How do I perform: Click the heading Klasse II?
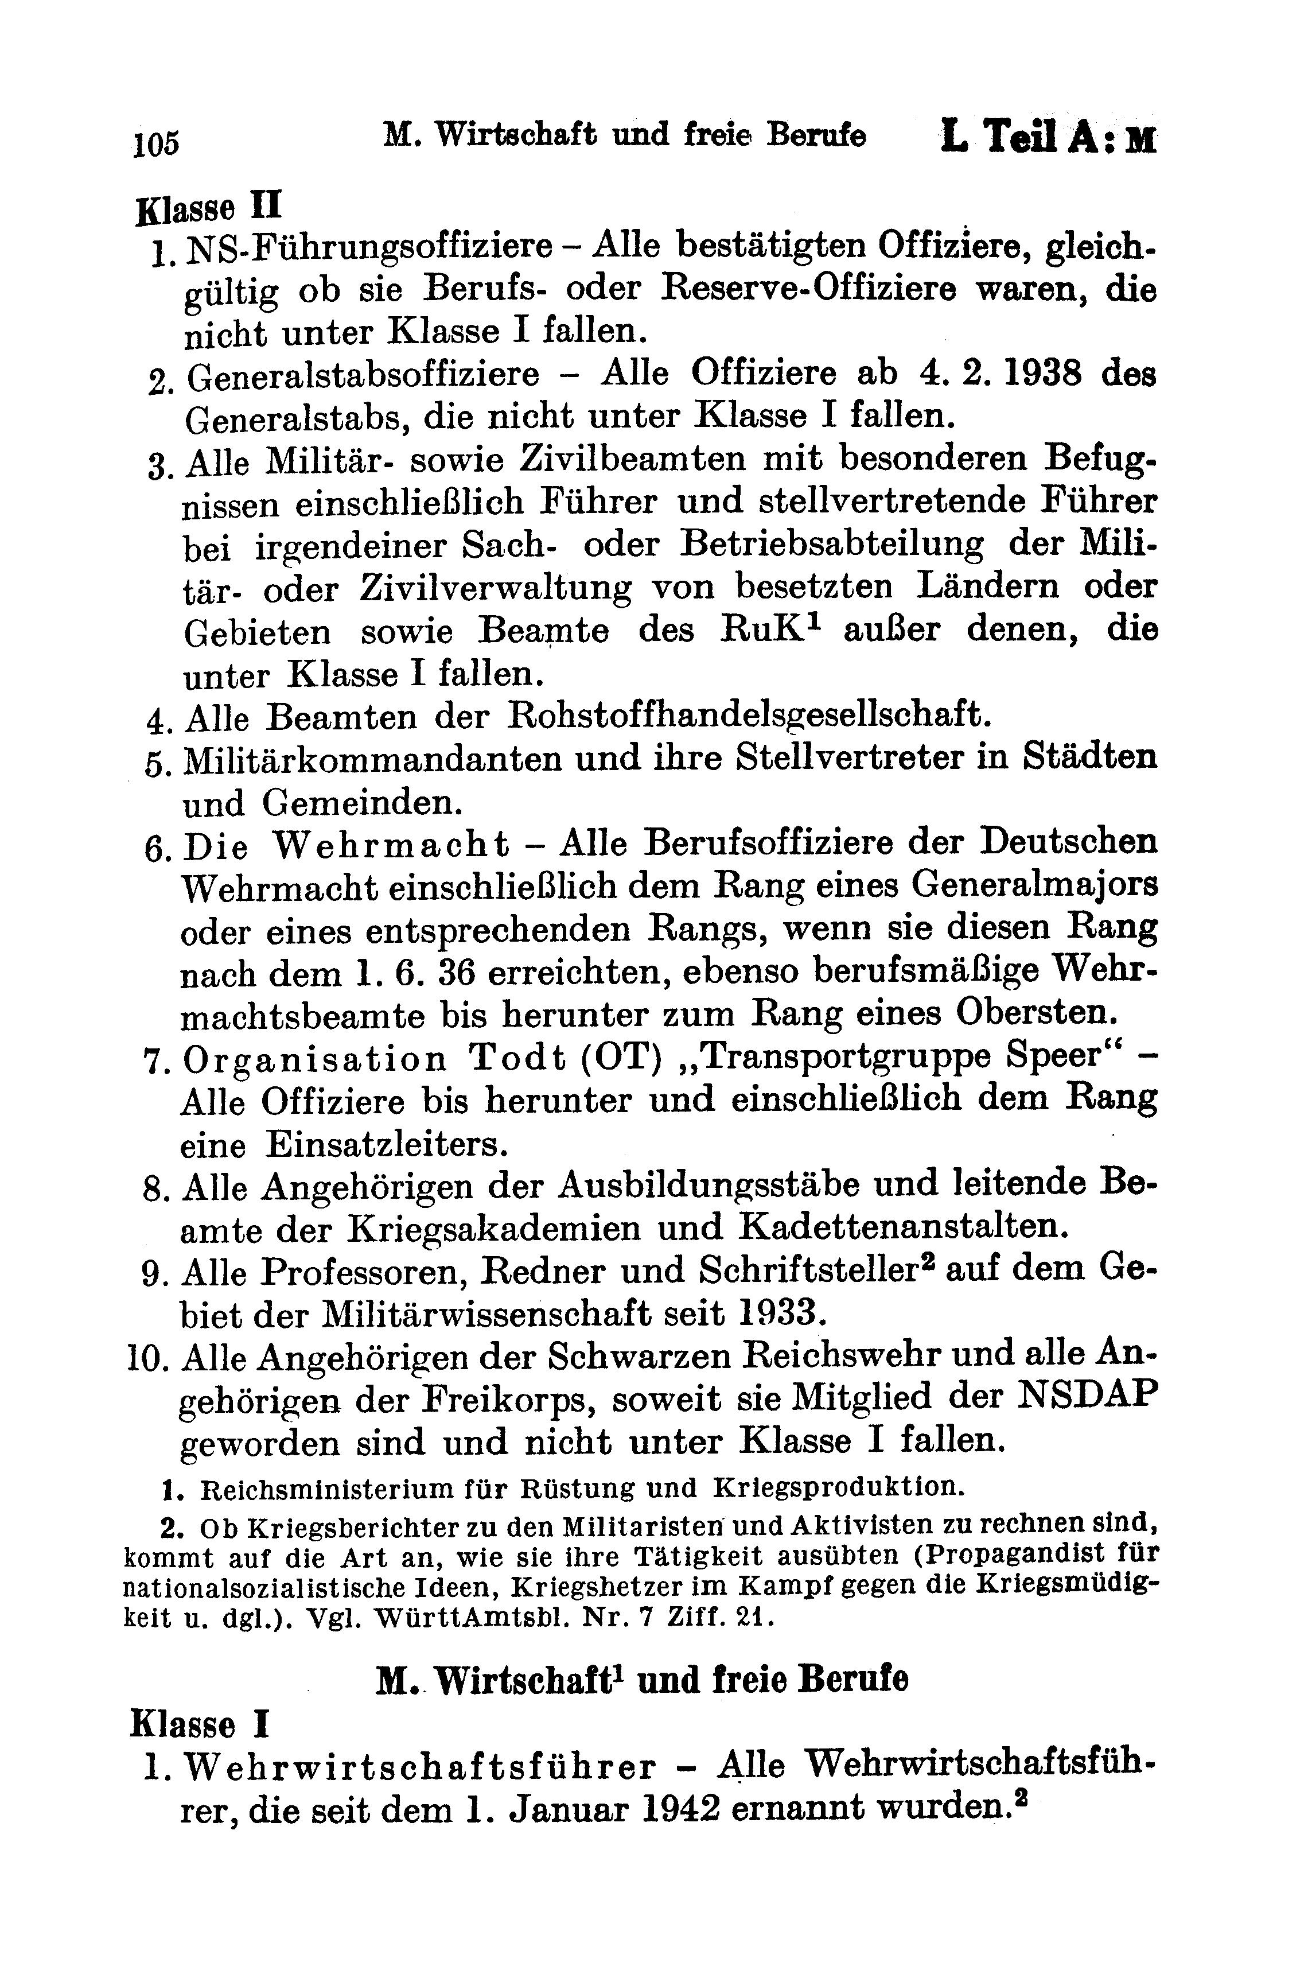coord(209,206)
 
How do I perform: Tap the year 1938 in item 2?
coord(1040,373)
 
